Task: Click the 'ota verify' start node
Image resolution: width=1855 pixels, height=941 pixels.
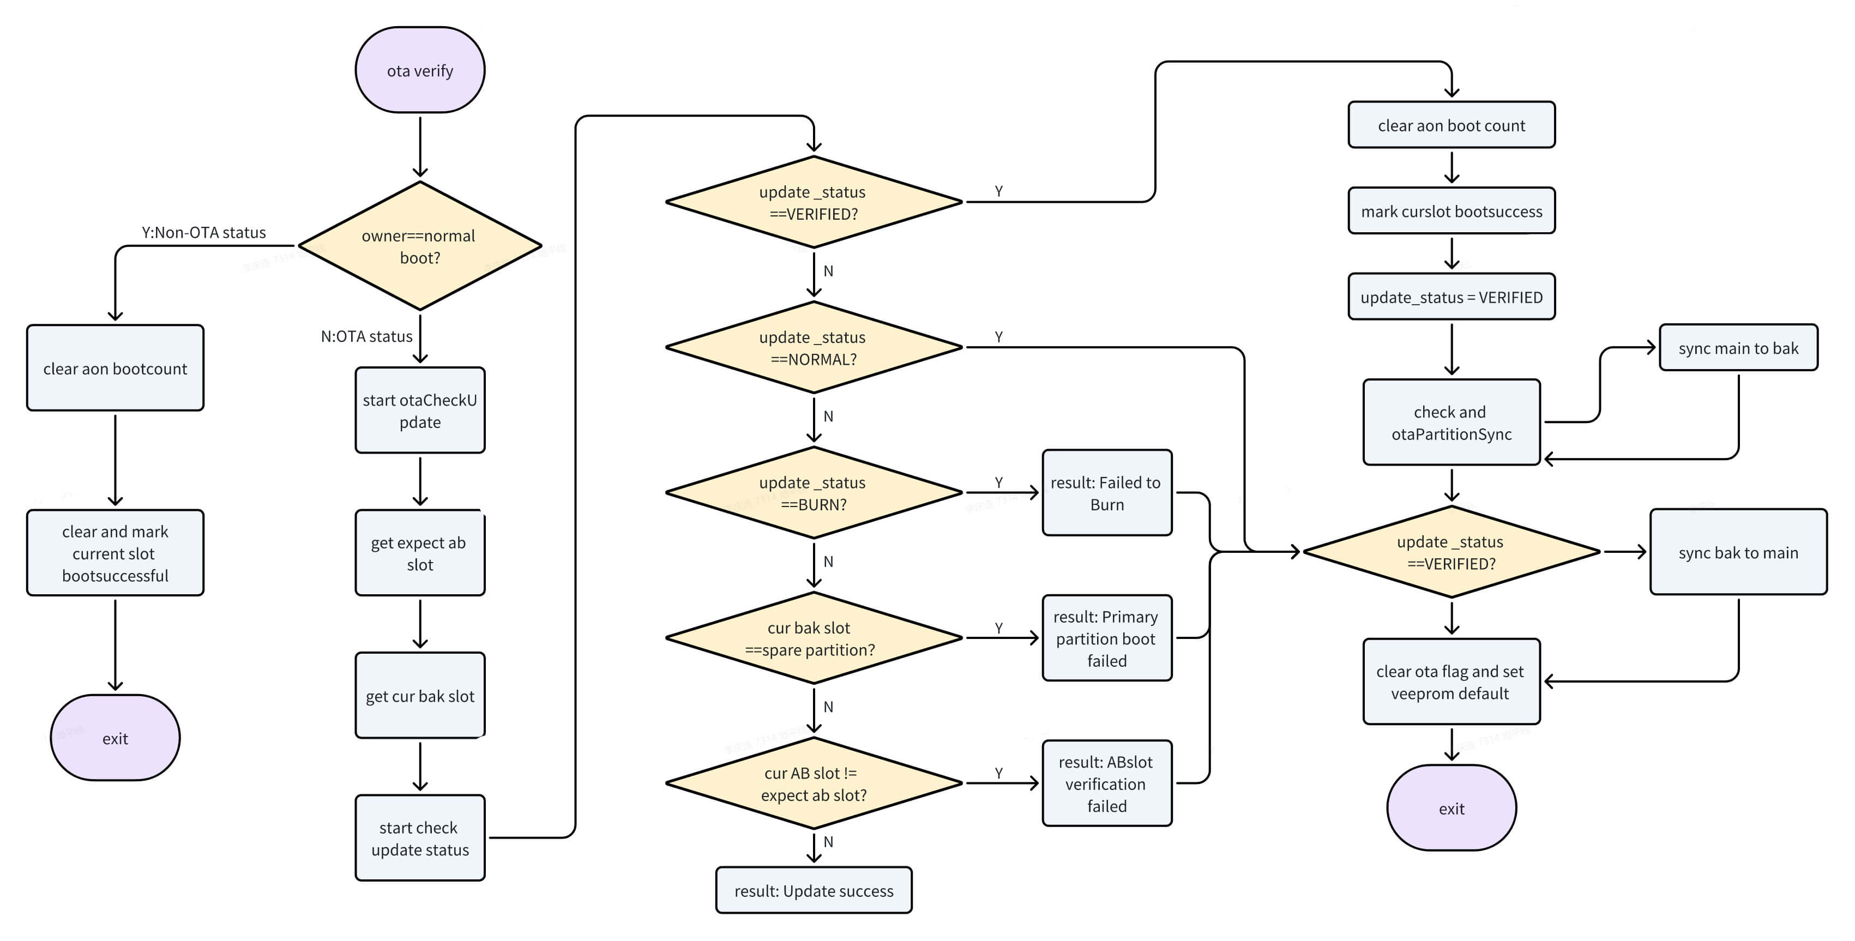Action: [420, 70]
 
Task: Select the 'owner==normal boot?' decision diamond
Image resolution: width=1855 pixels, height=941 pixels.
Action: [420, 246]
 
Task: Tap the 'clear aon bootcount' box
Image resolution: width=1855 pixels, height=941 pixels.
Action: [115, 368]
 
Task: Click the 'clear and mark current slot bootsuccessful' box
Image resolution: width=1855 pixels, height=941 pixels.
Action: [115, 553]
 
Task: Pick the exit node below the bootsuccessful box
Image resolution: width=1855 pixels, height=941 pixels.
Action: [115, 738]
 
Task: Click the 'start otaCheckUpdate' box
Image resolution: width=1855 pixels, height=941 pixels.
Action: [420, 411]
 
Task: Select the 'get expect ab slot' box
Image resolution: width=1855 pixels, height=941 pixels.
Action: [420, 553]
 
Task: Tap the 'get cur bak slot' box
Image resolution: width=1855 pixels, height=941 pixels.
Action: [420, 696]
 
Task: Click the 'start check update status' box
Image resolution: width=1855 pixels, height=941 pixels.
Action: [420, 838]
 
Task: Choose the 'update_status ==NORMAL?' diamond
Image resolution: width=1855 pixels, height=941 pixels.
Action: [814, 348]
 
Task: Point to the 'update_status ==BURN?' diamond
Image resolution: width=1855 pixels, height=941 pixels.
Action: [814, 493]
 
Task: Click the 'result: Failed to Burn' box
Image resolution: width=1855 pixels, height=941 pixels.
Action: [1107, 493]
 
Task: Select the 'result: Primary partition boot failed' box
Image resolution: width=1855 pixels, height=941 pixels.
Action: [1107, 638]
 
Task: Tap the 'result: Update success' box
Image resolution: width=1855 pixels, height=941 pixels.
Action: [814, 891]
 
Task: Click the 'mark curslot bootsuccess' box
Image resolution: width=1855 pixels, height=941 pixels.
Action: [1451, 211]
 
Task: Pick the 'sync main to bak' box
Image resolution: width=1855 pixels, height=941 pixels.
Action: [1738, 348]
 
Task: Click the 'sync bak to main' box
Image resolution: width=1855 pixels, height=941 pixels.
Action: [1738, 552]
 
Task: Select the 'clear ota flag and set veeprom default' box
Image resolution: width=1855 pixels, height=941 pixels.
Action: [1451, 682]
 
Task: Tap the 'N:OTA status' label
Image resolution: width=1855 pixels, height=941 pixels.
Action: [366, 336]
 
